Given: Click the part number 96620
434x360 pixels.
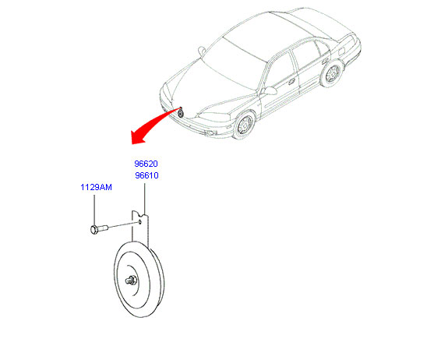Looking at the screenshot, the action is pos(146,164).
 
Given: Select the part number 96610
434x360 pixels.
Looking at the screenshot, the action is pos(146,175).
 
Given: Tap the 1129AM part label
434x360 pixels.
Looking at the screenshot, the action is pos(96,187).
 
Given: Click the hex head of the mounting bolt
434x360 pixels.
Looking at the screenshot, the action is pos(94,230).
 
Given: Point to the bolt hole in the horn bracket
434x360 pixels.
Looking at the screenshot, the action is pos(140,221).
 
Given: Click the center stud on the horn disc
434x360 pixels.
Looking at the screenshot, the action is pos(130,281).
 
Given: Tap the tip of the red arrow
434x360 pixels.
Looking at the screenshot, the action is pos(132,144).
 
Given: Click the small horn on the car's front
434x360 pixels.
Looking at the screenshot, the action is pos(181,112).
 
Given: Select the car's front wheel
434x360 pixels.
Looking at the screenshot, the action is pos(245,125).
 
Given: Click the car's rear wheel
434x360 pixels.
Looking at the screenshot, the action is pos(332,73).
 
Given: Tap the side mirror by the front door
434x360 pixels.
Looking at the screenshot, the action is pos(269,90).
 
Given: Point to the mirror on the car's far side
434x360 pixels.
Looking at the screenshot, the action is pos(202,51).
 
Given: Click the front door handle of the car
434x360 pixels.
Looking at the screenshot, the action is pos(291,81).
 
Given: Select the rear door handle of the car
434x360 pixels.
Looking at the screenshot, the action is pos(325,61).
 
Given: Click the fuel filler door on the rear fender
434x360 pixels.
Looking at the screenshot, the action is pos(341,51).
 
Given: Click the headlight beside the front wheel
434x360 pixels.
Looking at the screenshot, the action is pos(213,117).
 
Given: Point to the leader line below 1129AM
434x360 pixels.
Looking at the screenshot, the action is pos(94,210).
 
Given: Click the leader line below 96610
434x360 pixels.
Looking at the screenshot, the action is pos(144,199).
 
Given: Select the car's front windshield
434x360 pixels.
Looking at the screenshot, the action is pos(232,64).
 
